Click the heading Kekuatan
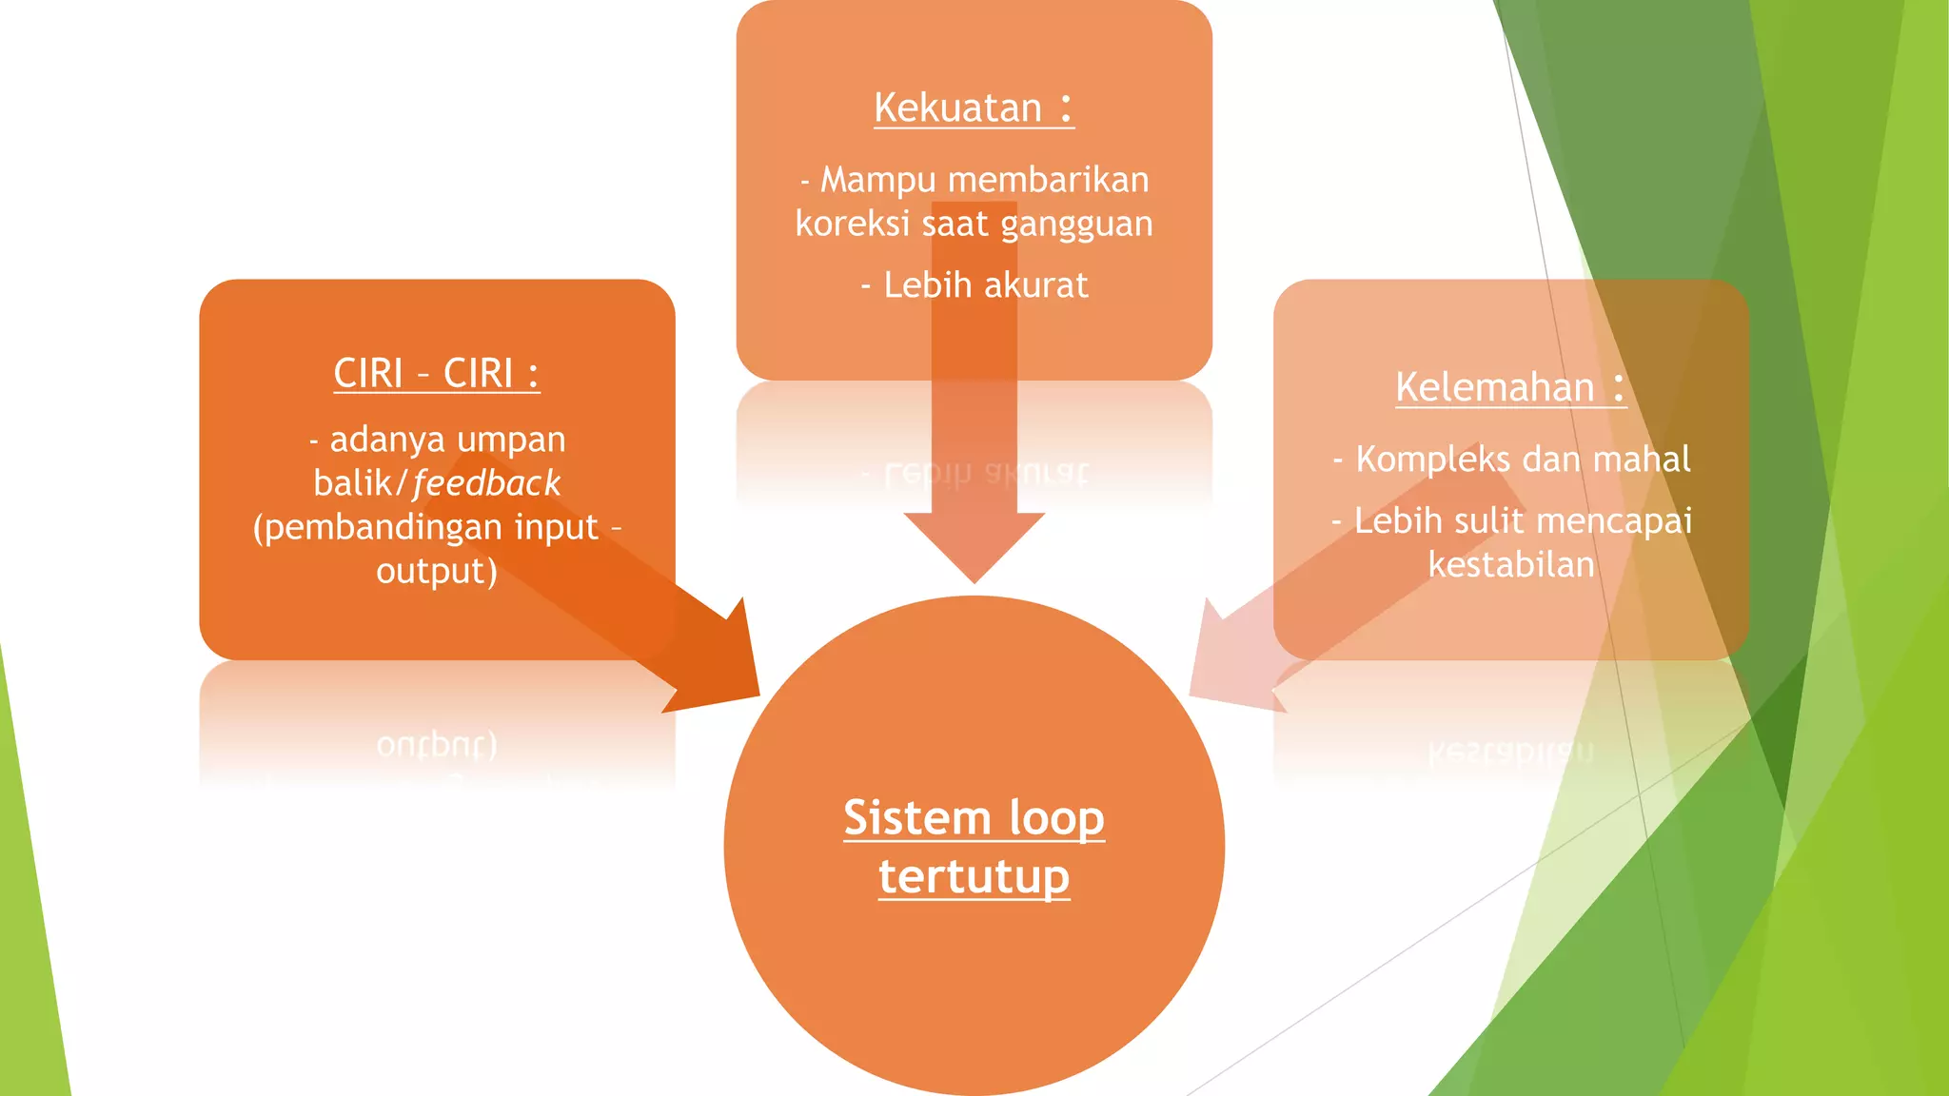(x=958, y=108)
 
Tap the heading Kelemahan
(x=1495, y=387)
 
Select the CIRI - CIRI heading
(x=436, y=373)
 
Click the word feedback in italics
(x=486, y=483)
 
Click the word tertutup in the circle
(x=974, y=876)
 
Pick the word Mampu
(x=878, y=180)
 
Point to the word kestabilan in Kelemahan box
(x=1511, y=565)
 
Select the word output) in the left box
(x=437, y=571)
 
